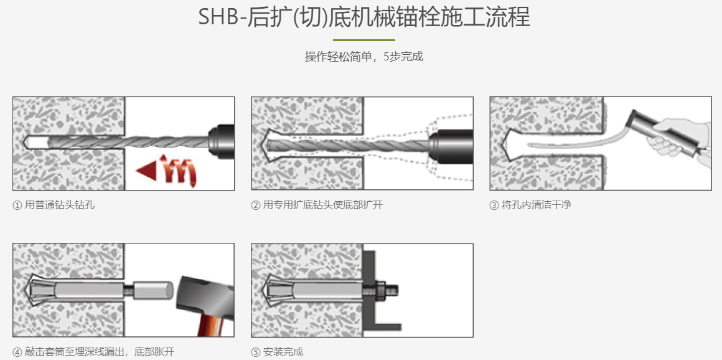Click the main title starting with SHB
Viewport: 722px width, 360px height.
364,17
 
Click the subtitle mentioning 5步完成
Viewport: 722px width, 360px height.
364,57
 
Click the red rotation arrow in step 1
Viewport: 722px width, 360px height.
167,169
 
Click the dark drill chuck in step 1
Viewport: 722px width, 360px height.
220,138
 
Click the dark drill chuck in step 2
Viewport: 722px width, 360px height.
451,142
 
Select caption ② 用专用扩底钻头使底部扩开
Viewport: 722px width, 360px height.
317,205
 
